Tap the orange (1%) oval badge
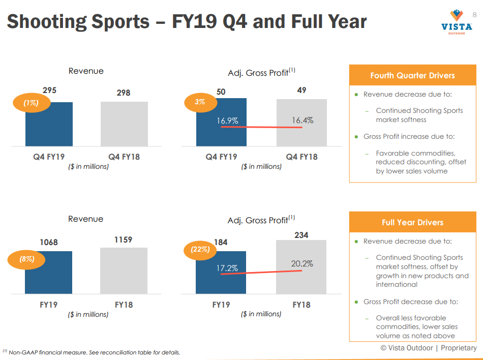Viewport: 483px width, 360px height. point(31,103)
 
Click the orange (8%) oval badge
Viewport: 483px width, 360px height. point(26,259)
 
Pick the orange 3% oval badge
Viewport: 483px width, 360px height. point(200,102)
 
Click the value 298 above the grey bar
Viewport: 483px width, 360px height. point(124,93)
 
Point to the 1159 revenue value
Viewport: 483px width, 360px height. point(124,239)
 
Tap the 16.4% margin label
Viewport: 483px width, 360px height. point(302,121)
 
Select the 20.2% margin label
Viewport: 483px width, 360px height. point(302,264)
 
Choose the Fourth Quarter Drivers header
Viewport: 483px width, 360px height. point(412,75)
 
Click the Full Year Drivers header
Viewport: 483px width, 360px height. point(412,222)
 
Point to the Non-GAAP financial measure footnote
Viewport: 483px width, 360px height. point(92,352)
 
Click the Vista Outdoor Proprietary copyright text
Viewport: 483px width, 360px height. point(429,348)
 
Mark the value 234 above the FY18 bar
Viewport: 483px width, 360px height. point(301,235)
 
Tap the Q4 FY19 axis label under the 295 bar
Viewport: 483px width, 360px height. point(49,157)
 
